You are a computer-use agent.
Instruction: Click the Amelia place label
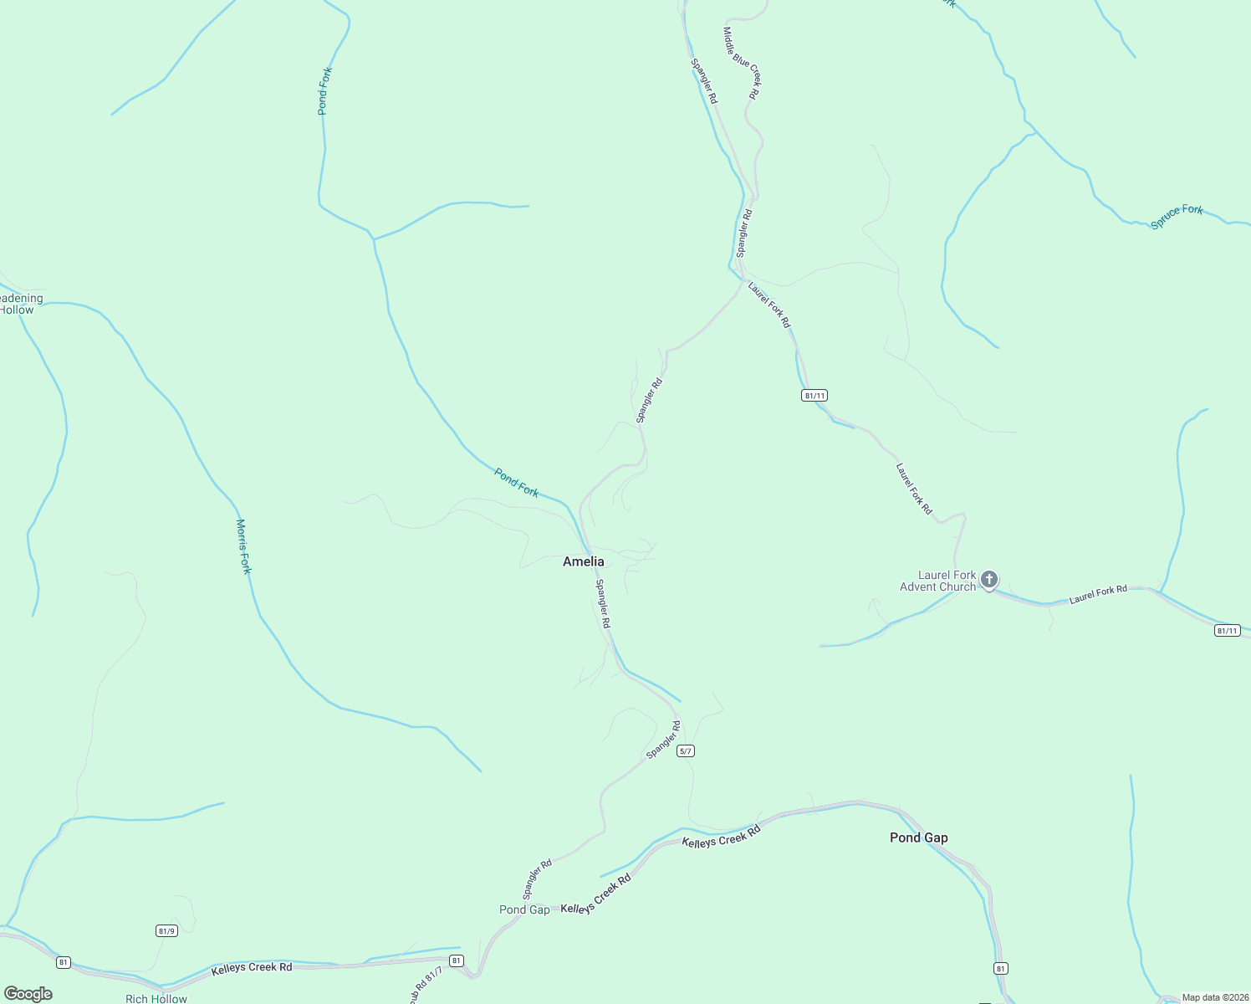(x=583, y=561)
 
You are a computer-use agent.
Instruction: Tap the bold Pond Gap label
(x=918, y=838)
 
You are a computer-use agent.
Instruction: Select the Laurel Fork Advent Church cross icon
(x=989, y=579)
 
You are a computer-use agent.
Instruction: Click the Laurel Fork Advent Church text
(x=938, y=581)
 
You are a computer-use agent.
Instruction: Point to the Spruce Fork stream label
(x=1177, y=216)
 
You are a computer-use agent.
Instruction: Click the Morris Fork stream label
(x=243, y=546)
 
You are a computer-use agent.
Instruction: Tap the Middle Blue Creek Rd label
(x=741, y=63)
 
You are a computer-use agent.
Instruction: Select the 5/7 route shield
(x=686, y=750)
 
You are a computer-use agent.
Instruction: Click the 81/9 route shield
(x=166, y=930)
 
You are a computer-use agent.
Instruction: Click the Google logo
(x=28, y=994)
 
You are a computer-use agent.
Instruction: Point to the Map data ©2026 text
(x=1214, y=997)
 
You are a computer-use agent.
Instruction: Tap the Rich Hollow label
(x=156, y=998)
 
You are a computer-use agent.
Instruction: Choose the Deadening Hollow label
(x=18, y=304)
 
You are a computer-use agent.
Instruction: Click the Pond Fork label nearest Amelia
(x=517, y=482)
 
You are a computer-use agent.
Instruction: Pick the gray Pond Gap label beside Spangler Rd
(x=524, y=909)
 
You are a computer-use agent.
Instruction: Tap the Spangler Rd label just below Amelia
(x=603, y=604)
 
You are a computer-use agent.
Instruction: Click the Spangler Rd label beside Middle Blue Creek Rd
(x=703, y=80)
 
